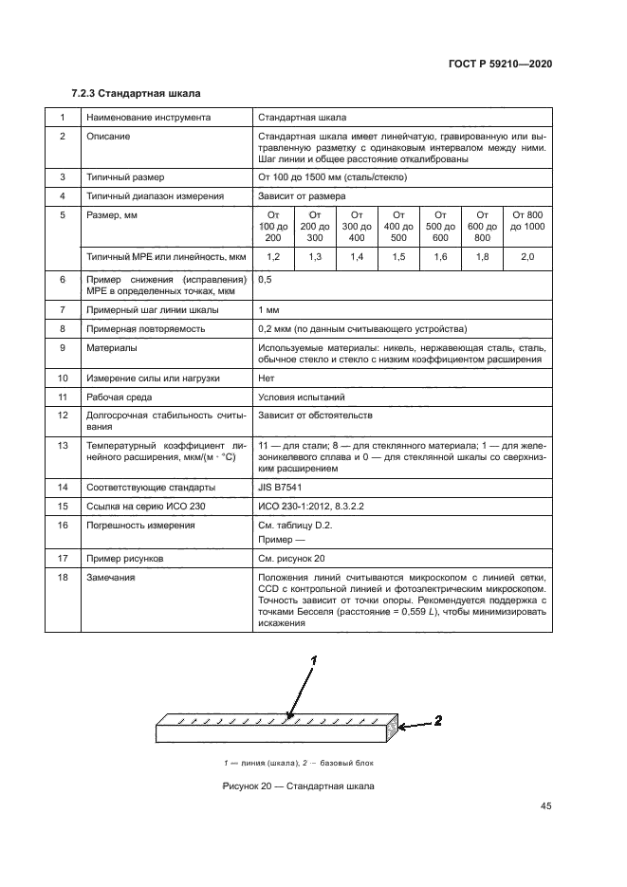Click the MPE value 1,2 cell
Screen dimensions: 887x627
coord(273,257)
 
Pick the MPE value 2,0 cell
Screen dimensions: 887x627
coord(527,257)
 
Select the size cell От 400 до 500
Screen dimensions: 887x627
coord(399,227)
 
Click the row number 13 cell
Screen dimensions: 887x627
coord(63,444)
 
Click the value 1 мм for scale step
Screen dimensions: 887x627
coord(267,310)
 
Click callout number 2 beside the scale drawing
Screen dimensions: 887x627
coord(437,721)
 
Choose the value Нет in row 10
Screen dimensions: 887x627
coord(266,378)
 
